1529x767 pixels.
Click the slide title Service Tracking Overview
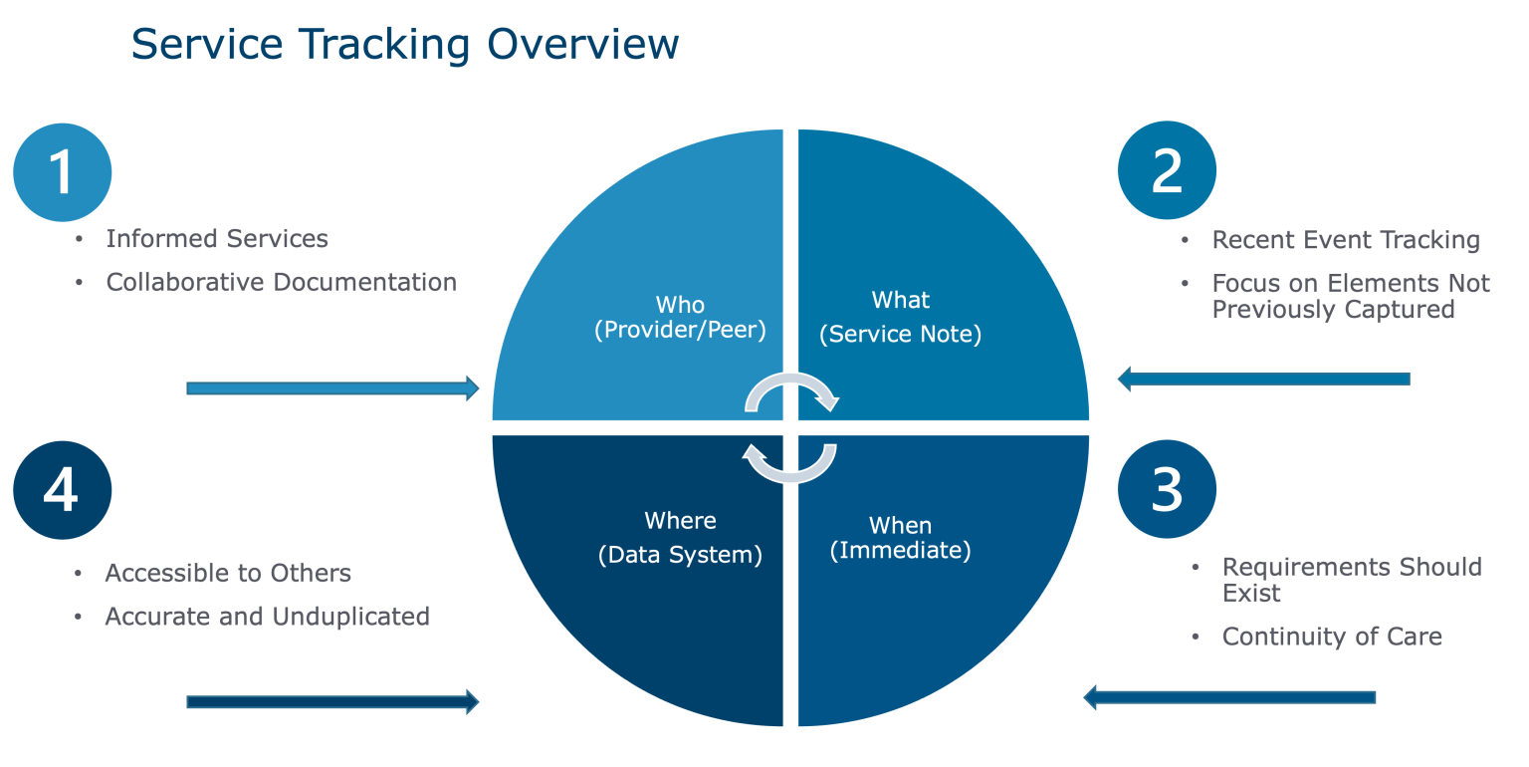click(404, 45)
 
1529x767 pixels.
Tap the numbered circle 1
click(62, 171)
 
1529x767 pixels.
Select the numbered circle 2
click(1167, 170)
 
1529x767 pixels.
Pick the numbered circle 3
click(1167, 489)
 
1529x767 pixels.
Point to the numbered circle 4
click(62, 490)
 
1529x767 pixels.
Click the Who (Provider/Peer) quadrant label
click(680, 318)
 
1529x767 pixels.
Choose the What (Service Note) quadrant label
click(900, 317)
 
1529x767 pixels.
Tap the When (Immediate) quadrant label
click(900, 537)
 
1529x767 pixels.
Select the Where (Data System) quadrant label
click(680, 538)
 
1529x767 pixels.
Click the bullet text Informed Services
click(217, 239)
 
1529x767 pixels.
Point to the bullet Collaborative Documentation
click(282, 283)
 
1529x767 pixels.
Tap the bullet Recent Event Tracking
click(1345, 240)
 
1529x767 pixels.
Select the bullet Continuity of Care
click(1332, 637)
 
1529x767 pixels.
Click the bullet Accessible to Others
click(228, 574)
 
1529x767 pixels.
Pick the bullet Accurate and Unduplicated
click(267, 617)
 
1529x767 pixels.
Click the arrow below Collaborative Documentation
click(332, 388)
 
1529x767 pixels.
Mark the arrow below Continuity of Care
click(1229, 697)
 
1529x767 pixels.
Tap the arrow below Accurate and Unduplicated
click(332, 702)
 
